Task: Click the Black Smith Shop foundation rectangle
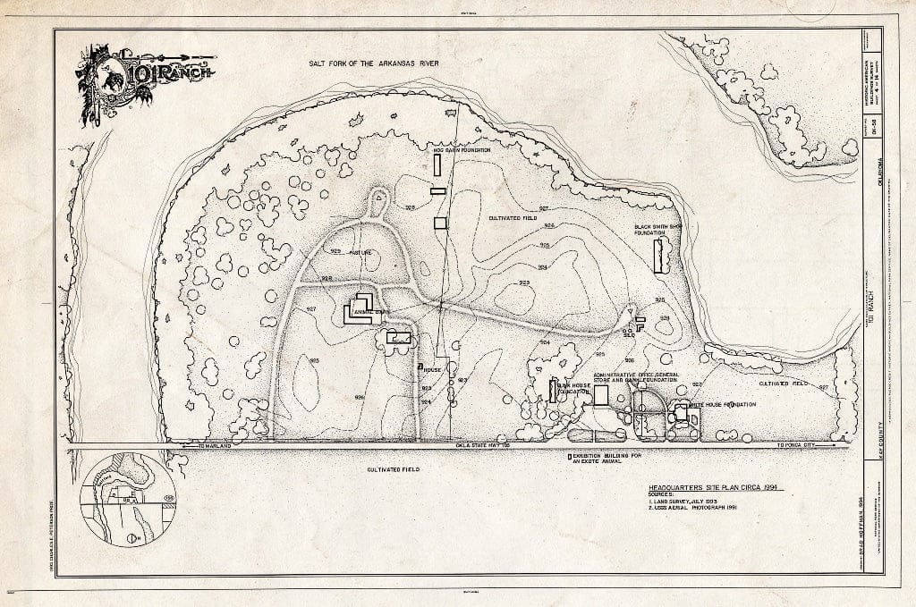coord(660,256)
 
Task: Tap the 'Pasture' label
coord(362,253)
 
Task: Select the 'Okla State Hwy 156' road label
coord(483,445)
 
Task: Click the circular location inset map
coord(128,498)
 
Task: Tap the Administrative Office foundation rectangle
coord(601,394)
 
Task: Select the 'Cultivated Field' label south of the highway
coord(392,468)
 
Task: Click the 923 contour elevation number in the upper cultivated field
coord(524,282)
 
